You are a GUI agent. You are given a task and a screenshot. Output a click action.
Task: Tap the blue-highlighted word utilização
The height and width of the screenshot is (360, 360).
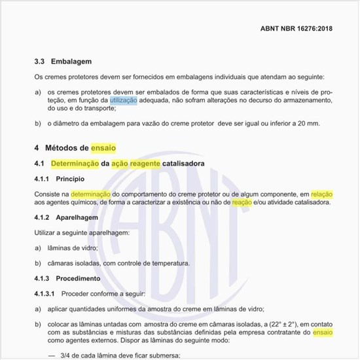pos(124,99)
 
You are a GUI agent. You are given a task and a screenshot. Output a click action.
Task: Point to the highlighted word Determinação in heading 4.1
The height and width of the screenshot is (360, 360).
pos(75,162)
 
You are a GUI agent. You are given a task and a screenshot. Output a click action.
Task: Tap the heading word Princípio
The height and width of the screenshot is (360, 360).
pos(71,178)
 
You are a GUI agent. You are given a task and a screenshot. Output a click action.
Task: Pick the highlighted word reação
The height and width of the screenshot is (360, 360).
pos(242,202)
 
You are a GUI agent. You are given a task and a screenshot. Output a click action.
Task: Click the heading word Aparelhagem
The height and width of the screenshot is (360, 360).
pos(77,218)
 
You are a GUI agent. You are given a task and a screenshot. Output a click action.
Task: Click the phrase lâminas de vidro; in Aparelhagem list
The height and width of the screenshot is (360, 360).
pos(73,248)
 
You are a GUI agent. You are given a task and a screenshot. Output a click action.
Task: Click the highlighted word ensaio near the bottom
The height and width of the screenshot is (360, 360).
pos(323,333)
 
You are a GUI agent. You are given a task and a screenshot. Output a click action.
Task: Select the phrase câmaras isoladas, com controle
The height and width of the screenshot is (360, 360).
pos(96,263)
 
